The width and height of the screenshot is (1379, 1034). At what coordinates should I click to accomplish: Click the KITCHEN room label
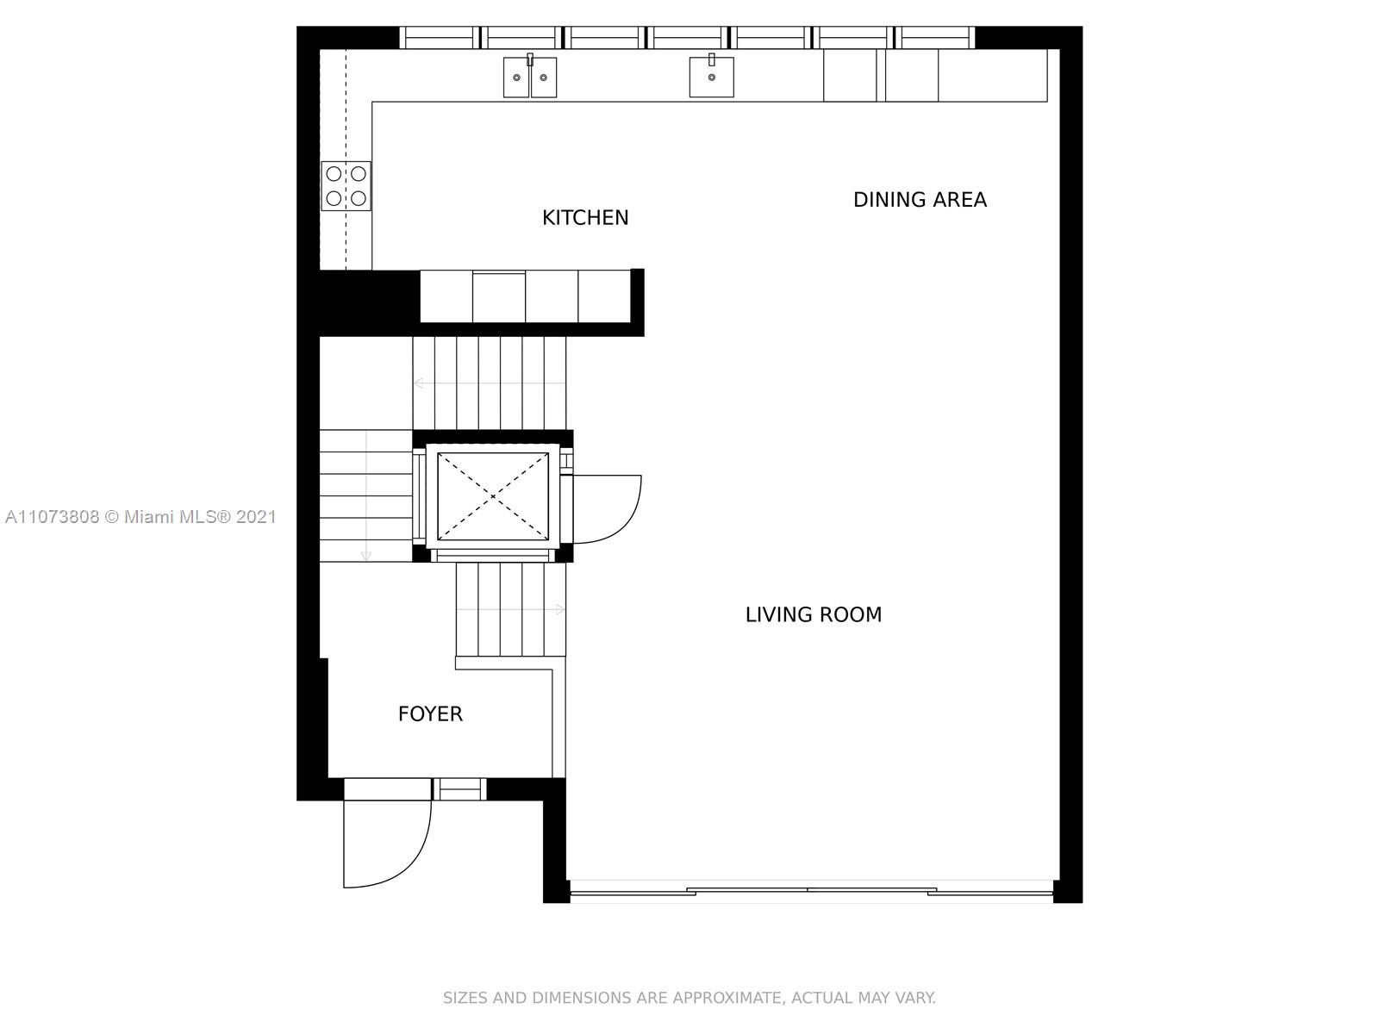[x=585, y=218]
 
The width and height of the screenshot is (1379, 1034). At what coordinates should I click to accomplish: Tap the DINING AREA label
[x=920, y=200]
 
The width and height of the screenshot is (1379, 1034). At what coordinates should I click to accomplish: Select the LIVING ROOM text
[x=814, y=614]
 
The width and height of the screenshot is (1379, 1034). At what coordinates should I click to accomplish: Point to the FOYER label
[x=430, y=713]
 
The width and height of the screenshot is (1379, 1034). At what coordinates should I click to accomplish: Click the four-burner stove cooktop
[x=346, y=186]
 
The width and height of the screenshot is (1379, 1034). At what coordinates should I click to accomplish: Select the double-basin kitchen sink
[x=529, y=78]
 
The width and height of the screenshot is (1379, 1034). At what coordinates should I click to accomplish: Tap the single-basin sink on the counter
[x=711, y=78]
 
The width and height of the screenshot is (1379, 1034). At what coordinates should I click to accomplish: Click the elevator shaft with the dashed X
[x=492, y=496]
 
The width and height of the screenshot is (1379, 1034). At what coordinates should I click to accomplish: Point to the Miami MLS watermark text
[x=140, y=517]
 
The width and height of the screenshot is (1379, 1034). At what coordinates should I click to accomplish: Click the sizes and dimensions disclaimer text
[x=689, y=998]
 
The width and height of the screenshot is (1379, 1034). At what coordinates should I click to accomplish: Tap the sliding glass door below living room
[x=811, y=891]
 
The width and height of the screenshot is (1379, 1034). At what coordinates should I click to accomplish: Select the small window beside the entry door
[x=459, y=789]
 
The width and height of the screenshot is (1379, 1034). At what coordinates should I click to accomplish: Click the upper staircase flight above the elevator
[x=490, y=383]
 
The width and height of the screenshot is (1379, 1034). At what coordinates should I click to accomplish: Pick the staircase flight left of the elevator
[x=366, y=496]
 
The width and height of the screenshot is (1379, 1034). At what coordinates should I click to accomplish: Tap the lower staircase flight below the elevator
[x=511, y=609]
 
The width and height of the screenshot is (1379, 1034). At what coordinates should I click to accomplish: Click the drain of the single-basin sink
[x=711, y=78]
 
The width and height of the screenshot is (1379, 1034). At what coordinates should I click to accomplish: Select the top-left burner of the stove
[x=334, y=173]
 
